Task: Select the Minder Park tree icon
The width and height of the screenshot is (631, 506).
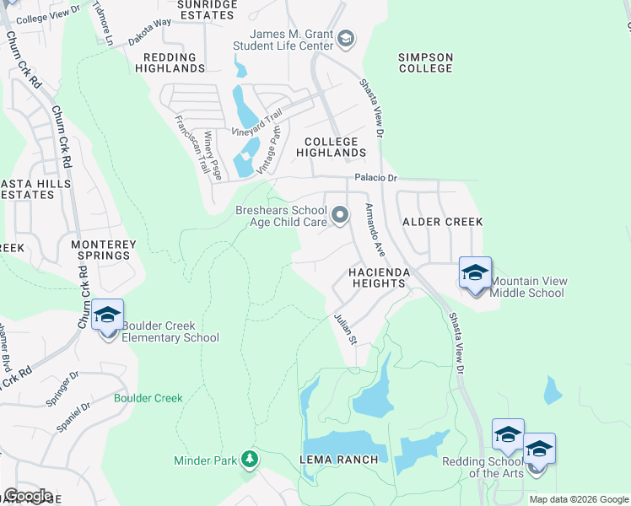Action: [x=250, y=460]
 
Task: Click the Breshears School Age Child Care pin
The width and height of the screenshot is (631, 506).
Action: [x=340, y=216]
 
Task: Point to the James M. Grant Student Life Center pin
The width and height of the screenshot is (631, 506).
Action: [x=345, y=39]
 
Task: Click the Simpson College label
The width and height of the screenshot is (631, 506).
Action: [x=426, y=63]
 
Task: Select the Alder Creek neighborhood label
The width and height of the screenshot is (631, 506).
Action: [x=442, y=222]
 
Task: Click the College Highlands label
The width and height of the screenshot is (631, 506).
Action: [x=331, y=148]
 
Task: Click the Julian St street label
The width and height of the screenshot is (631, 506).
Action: [x=345, y=328]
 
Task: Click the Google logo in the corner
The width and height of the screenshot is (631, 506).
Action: [x=28, y=496]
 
